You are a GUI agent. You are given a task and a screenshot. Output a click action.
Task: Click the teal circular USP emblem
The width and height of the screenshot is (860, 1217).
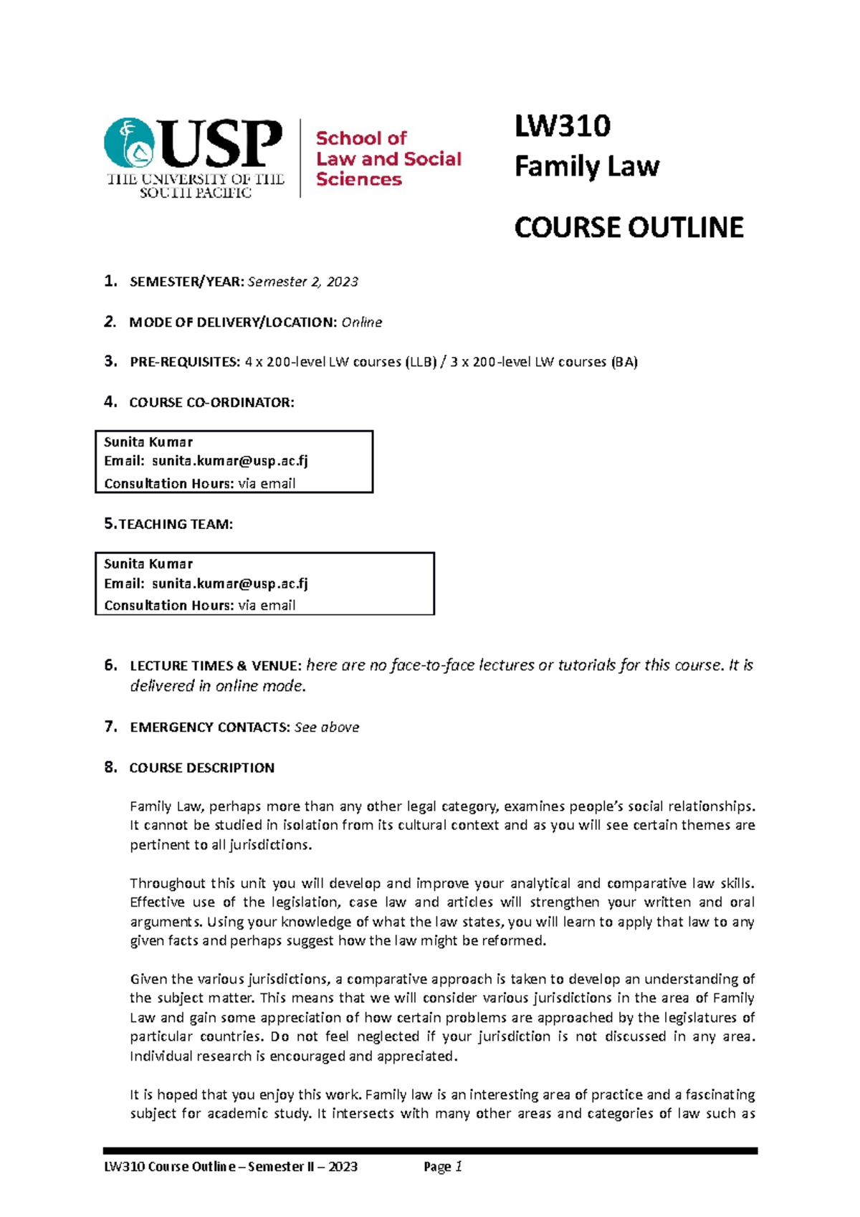click(x=129, y=143)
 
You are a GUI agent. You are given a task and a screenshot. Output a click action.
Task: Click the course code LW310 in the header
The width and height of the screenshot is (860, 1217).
click(x=562, y=126)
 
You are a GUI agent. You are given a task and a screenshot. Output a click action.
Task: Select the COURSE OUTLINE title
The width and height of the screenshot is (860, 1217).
click(x=629, y=228)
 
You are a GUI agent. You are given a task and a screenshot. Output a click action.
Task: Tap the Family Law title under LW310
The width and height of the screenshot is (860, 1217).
click(x=586, y=167)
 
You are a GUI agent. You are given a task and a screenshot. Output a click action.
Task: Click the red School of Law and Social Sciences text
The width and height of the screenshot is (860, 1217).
click(x=388, y=158)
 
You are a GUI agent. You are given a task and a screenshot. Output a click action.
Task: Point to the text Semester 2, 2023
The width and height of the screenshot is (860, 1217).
click(x=302, y=282)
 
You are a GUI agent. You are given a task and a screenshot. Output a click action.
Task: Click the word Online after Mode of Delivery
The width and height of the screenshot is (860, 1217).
click(x=361, y=323)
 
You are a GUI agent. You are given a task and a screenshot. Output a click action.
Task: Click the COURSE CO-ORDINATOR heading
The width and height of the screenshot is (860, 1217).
click(x=211, y=403)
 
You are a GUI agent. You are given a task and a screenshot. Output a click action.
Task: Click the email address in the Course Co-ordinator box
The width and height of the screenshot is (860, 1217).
click(x=229, y=461)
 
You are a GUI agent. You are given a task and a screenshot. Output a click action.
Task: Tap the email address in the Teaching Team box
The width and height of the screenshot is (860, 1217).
click(x=229, y=583)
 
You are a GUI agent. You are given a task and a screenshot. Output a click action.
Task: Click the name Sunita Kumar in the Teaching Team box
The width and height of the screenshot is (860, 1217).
click(x=148, y=564)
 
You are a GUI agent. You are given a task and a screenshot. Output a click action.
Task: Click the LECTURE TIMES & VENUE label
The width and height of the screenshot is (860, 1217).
click(x=215, y=666)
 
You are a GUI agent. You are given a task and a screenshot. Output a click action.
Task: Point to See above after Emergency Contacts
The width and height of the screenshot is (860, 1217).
click(x=327, y=727)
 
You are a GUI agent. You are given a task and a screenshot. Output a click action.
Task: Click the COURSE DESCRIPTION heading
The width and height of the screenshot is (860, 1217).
click(x=201, y=768)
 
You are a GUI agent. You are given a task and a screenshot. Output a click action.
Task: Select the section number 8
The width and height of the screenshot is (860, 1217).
click(x=110, y=768)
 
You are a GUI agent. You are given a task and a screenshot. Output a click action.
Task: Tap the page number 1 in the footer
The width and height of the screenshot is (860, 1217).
click(x=459, y=1167)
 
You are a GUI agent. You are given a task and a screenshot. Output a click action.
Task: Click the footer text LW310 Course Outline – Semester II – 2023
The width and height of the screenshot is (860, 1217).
click(x=231, y=1167)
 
